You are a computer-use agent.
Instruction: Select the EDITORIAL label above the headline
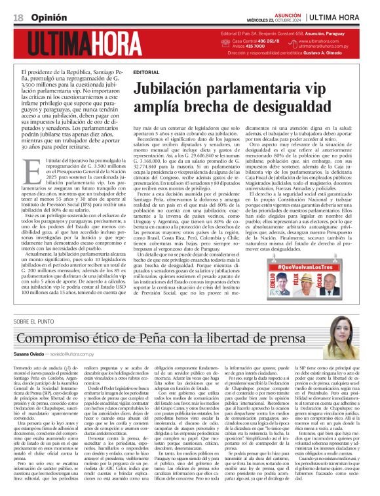[x=145, y=72]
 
